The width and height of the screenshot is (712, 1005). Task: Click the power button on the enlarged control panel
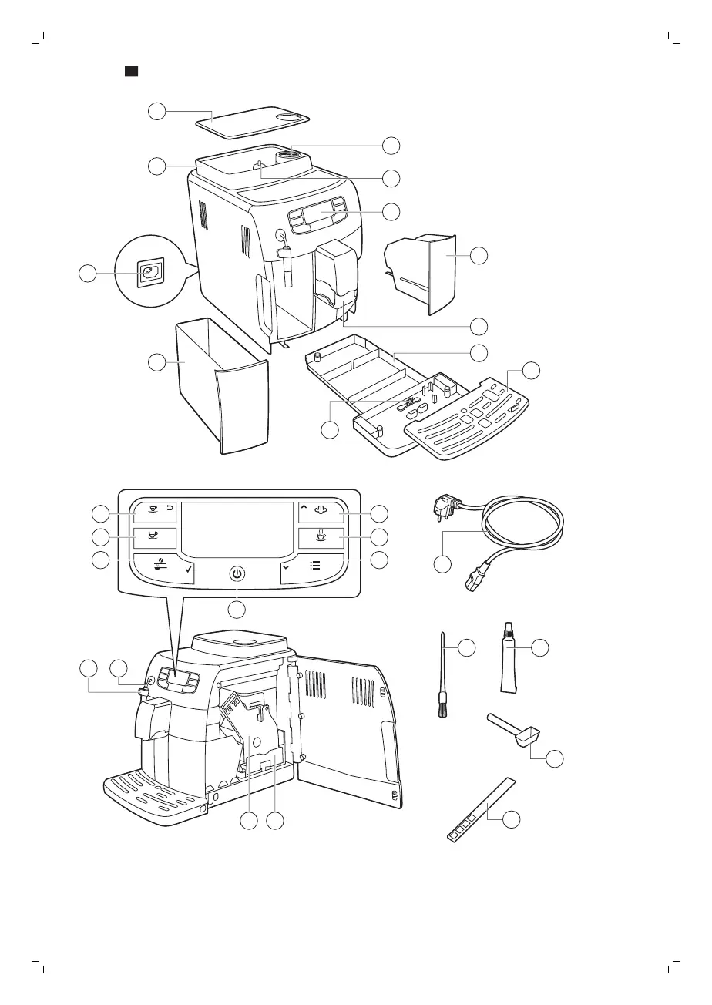(x=237, y=573)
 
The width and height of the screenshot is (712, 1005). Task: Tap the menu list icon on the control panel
(x=315, y=564)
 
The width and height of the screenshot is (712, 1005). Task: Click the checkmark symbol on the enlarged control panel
(x=187, y=570)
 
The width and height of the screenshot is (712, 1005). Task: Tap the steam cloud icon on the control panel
(x=322, y=509)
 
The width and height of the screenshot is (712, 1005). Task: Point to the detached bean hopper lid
(x=252, y=120)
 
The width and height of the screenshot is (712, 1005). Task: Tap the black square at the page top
(x=131, y=72)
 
